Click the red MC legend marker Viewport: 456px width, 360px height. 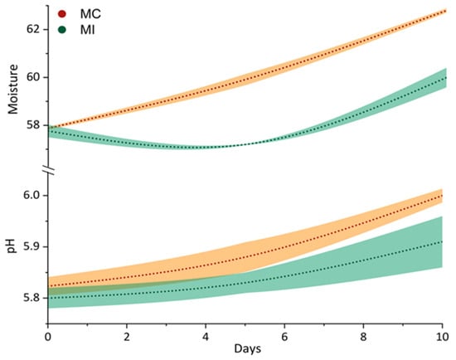pyautogui.click(x=62, y=13)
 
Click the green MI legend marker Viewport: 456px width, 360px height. pyautogui.click(x=62, y=29)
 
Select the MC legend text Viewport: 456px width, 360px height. pyautogui.click(x=90, y=14)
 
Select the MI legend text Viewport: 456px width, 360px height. pyautogui.click(x=88, y=30)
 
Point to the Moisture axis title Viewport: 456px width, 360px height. pyautogui.click(x=13, y=89)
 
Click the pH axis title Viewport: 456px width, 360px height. pyautogui.click(x=11, y=246)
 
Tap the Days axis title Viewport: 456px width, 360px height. pyautogui.click(x=248, y=348)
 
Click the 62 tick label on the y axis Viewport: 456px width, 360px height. pyautogui.click(x=33, y=29)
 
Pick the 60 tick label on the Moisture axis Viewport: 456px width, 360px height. pyautogui.click(x=33, y=77)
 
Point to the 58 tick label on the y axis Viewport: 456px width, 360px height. pyautogui.click(x=33, y=125)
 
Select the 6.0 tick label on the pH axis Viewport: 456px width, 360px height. pyautogui.click(x=32, y=195)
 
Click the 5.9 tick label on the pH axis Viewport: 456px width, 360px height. pyautogui.click(x=32, y=247)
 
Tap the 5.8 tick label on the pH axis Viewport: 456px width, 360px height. pyautogui.click(x=32, y=298)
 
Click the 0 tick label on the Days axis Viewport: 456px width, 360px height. pyautogui.click(x=48, y=337)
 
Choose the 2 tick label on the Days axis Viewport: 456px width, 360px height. pyautogui.click(x=127, y=337)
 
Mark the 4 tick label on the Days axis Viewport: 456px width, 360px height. pyautogui.click(x=206, y=337)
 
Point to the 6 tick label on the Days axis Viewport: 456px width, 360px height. pyautogui.click(x=284, y=337)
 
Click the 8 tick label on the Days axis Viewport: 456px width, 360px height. pyautogui.click(x=363, y=337)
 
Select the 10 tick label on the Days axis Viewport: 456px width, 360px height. pyautogui.click(x=443, y=337)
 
